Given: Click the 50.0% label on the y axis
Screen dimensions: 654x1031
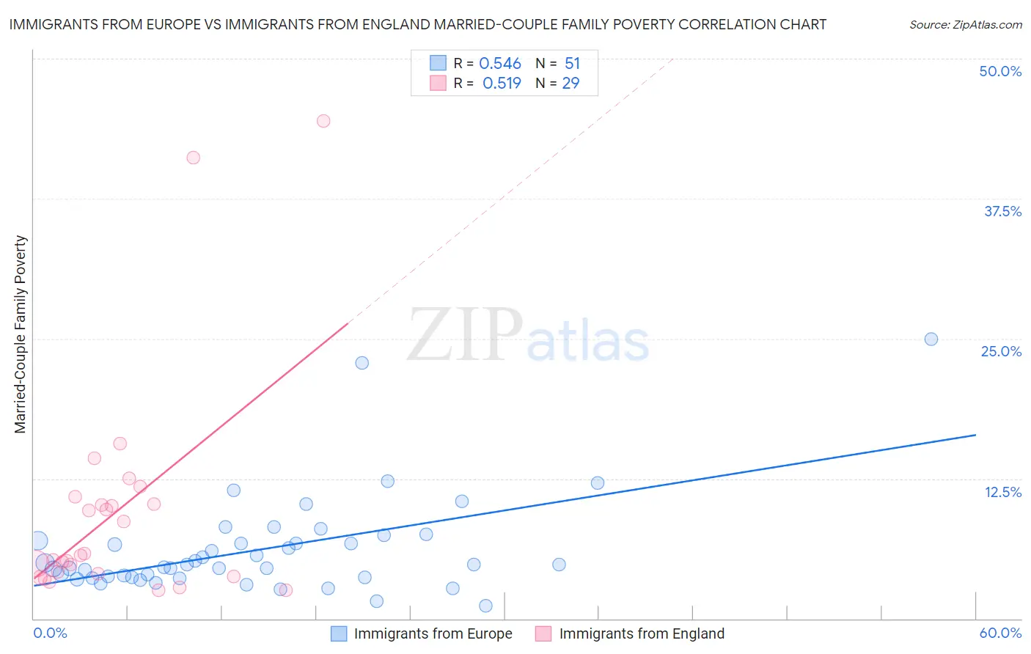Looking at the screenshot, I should [x=1000, y=71].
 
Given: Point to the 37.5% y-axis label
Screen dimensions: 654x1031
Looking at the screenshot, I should [x=1002, y=211].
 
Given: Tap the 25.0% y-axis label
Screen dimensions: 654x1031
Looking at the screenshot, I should [x=1001, y=351].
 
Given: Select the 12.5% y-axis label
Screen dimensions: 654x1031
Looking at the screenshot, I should [x=1002, y=492].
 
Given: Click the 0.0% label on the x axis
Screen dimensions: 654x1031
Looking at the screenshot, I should [x=50, y=633].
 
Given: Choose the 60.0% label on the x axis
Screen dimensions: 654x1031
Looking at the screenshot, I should [x=1000, y=633].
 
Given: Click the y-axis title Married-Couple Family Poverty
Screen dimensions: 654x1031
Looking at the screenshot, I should [x=21, y=334].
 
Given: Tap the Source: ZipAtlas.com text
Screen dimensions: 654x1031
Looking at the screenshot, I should [x=965, y=25].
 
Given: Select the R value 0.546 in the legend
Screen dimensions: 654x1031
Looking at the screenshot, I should [x=500, y=64].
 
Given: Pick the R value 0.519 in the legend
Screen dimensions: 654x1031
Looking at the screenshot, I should [x=502, y=84].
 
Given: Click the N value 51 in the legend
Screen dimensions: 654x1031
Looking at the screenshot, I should [x=572, y=64].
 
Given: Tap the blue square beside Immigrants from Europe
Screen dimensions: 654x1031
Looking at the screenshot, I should [x=338, y=633].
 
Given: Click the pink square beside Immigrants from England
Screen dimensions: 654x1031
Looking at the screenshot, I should [x=543, y=633].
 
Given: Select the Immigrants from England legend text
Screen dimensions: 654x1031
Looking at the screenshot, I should [x=642, y=633].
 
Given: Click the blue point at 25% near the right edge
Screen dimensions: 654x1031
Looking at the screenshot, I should [x=931, y=339].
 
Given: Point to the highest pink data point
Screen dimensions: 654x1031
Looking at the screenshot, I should [x=323, y=121].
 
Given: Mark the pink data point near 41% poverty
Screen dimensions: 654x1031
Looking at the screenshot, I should [x=193, y=158].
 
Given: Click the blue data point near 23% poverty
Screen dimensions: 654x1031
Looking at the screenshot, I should [x=362, y=363].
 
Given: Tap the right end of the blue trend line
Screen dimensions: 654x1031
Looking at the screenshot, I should [x=975, y=435].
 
